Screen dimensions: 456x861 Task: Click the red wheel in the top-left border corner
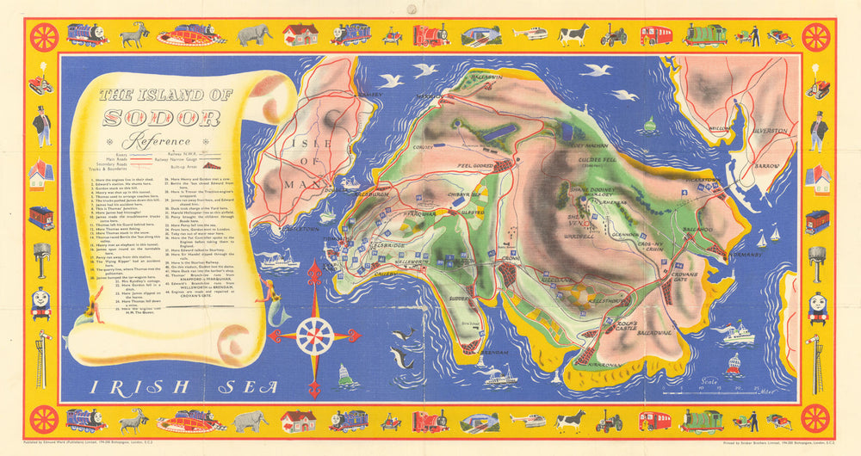44,37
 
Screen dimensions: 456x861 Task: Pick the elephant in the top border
255,34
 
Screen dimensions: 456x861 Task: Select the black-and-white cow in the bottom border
570,421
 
